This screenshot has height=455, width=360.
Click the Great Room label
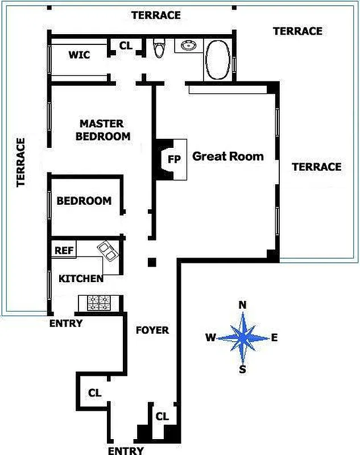tap(228, 156)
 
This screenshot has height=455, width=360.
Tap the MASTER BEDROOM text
tap(102, 130)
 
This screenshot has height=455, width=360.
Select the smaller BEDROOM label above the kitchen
tap(84, 201)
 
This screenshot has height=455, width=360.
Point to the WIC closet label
tap(79, 55)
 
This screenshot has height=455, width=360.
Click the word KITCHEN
tap(81, 278)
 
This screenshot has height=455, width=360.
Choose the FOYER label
tap(152, 330)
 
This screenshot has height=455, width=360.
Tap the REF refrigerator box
tap(63, 250)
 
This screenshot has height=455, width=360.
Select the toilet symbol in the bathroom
tap(159, 48)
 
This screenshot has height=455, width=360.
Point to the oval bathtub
tap(217, 60)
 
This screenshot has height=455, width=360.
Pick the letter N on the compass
tap(242, 305)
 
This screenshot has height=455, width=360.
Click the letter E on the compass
tap(274, 337)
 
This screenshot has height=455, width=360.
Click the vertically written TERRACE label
tap(20, 162)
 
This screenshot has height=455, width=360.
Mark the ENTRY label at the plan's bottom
tap(125, 450)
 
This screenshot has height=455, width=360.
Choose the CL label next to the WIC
tap(126, 45)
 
